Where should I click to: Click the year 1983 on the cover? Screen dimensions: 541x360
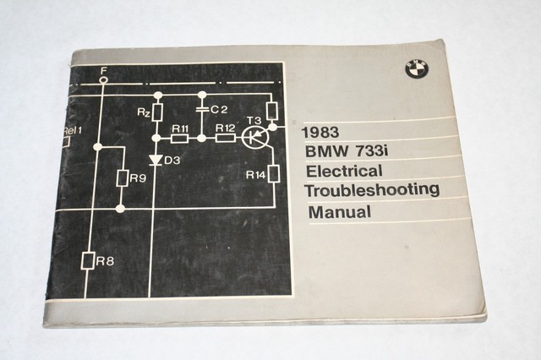(320, 132)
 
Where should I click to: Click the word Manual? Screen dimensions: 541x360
(339, 211)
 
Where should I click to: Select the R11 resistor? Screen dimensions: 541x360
(179, 138)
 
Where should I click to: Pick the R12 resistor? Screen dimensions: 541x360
(225, 138)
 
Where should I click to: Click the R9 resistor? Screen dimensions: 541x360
(123, 178)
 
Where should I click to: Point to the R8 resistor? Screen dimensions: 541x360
(88, 260)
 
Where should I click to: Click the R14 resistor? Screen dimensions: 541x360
(273, 174)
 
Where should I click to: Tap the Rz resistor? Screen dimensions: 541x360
(156, 111)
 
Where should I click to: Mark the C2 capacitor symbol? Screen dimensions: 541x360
(202, 110)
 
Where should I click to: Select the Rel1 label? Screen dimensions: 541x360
(73, 130)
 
